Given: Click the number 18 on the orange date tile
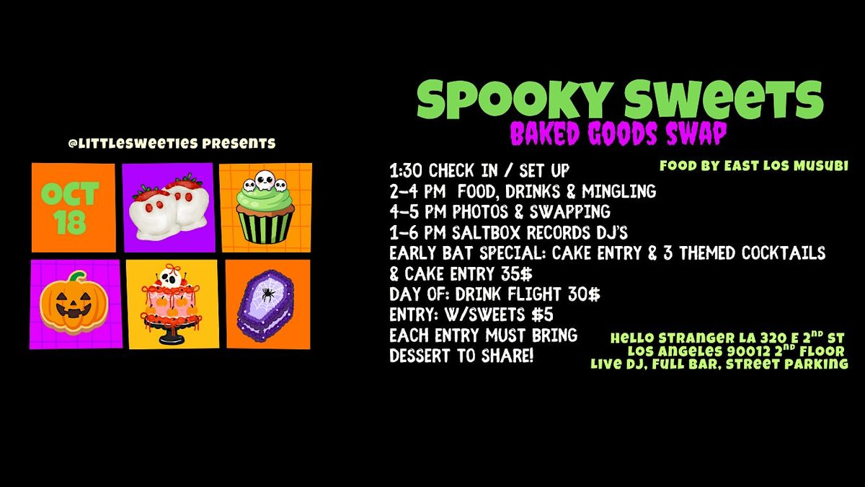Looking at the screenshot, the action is (x=69, y=222).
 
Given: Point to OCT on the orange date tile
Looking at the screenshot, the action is (x=70, y=193).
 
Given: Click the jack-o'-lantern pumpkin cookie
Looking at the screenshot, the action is (x=74, y=303).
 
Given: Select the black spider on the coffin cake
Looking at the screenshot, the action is (x=267, y=294).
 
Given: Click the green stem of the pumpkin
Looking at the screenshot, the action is (x=78, y=276).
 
